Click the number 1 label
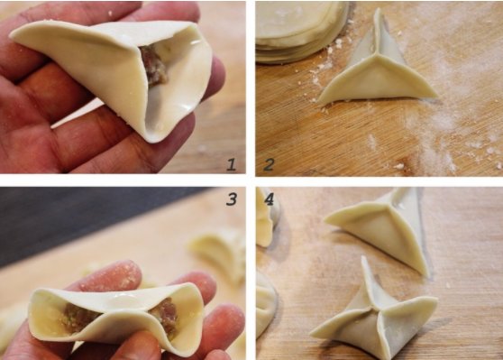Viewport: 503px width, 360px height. (x=231, y=163)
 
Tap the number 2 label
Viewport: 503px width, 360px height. (x=269, y=163)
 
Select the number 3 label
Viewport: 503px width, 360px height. (x=231, y=198)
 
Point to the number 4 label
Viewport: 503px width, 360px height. (x=269, y=198)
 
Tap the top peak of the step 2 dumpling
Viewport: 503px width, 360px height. (x=376, y=17)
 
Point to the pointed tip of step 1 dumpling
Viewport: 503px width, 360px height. (x=18, y=32)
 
